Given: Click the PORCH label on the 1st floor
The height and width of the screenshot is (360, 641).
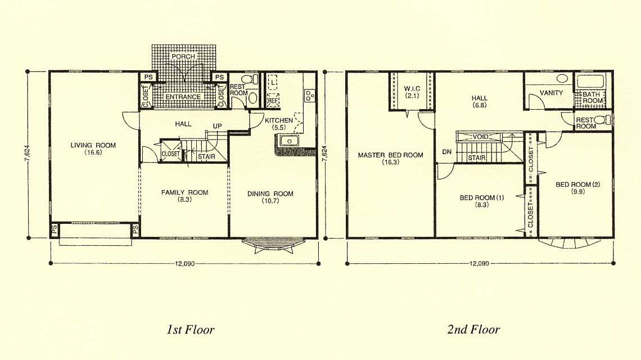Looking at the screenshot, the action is pyautogui.click(x=183, y=56).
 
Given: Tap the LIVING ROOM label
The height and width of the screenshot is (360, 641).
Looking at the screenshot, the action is pyautogui.click(x=93, y=148).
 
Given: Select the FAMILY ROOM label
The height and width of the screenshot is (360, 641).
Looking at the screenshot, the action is pyautogui.click(x=185, y=196).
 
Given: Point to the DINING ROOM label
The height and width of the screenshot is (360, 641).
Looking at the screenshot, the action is pyautogui.click(x=270, y=197).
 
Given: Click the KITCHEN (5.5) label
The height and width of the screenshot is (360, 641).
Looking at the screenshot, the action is pyautogui.click(x=279, y=124).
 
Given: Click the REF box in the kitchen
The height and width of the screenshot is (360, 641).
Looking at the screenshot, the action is pyautogui.click(x=273, y=100).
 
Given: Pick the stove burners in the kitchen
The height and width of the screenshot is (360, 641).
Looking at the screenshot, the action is pyautogui.click(x=309, y=95).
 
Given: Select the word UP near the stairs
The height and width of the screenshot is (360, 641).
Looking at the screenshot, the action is pyautogui.click(x=217, y=126).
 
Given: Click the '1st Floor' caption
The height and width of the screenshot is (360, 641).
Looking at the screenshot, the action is pyautogui.click(x=191, y=329).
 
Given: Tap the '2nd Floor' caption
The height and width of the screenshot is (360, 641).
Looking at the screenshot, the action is pyautogui.click(x=473, y=329).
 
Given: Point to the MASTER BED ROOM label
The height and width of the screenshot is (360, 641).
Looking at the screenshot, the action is pyautogui.click(x=390, y=158).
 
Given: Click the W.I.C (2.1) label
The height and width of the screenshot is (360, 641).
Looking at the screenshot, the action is pyautogui.click(x=412, y=92).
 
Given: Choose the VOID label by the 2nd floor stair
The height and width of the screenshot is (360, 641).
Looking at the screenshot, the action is pyautogui.click(x=481, y=137).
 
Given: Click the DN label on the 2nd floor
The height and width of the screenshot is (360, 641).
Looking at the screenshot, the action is pyautogui.click(x=447, y=152).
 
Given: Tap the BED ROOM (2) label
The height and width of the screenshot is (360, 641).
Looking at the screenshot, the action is pyautogui.click(x=577, y=188).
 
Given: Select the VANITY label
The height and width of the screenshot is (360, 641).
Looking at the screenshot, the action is pyautogui.click(x=551, y=93).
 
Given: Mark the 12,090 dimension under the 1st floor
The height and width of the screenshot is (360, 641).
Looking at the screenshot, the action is pyautogui.click(x=185, y=264).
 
